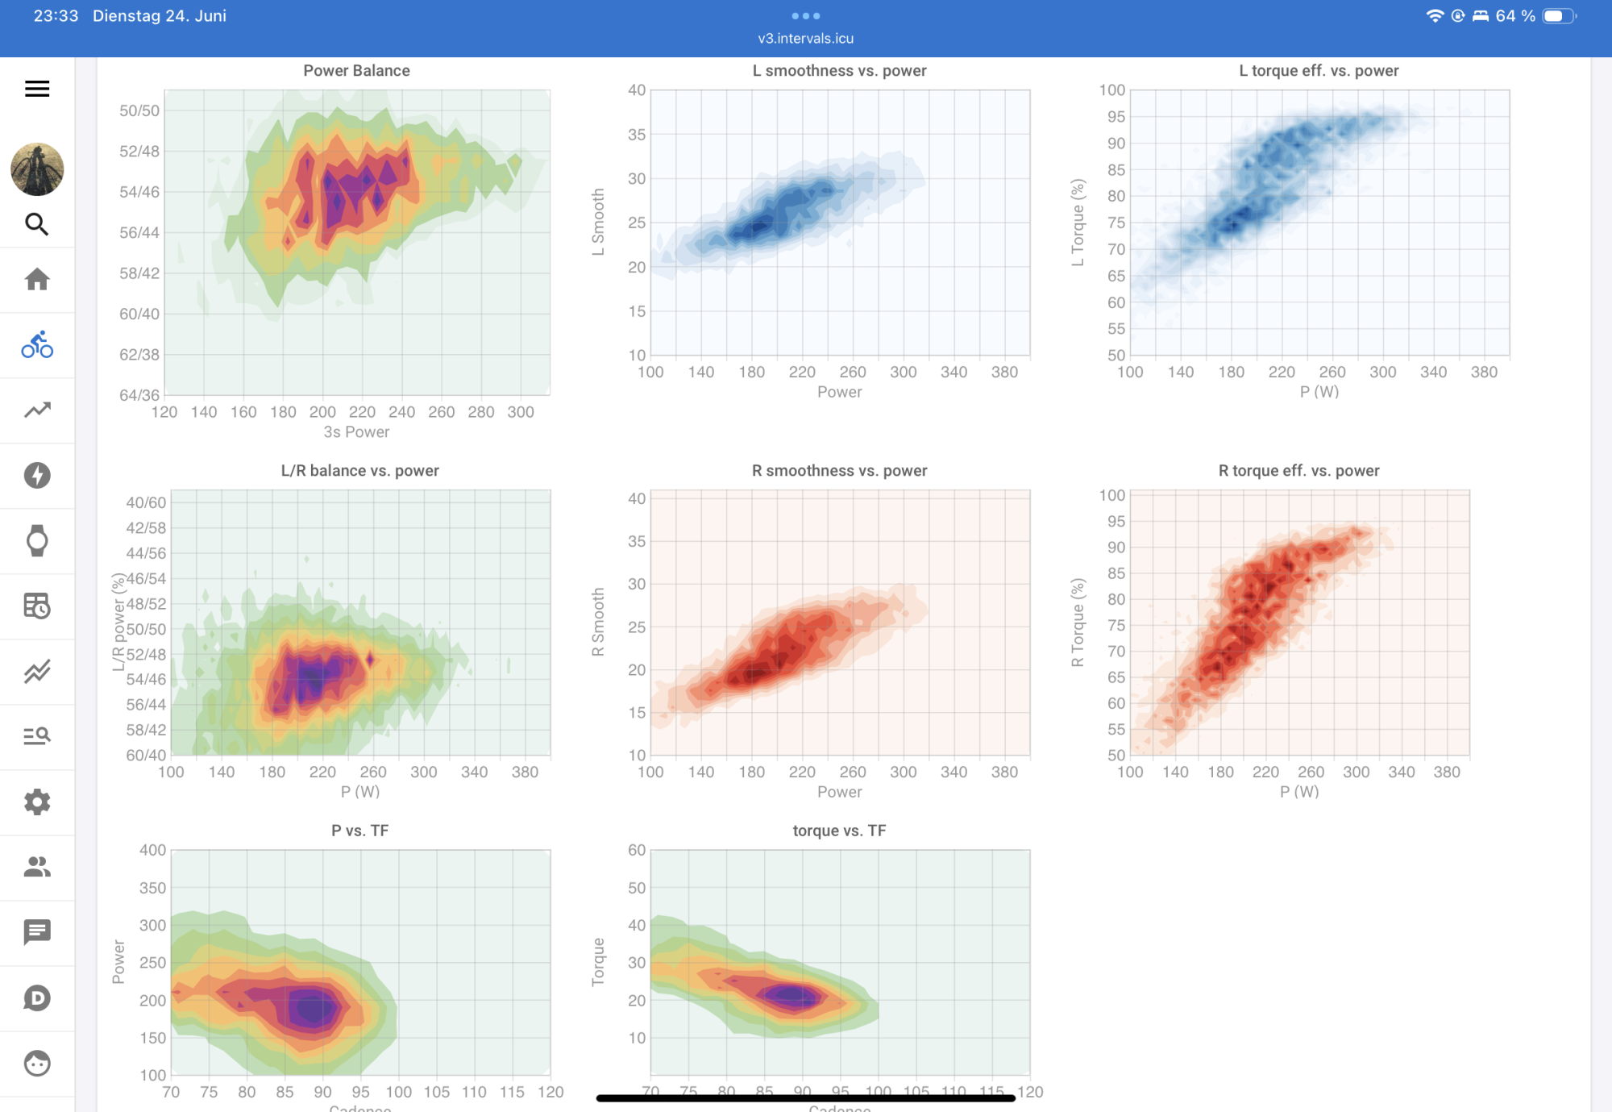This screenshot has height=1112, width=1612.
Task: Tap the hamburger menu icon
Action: coord(37,89)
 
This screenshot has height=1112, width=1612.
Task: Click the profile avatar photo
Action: coord(37,169)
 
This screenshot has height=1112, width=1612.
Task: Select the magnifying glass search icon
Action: coord(37,224)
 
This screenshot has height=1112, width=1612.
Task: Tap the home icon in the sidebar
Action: coord(37,279)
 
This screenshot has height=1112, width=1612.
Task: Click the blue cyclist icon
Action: coord(37,345)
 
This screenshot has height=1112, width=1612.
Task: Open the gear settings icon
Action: coord(37,802)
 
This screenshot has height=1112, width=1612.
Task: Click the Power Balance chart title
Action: coord(356,71)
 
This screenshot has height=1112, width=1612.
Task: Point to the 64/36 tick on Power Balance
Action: coord(139,395)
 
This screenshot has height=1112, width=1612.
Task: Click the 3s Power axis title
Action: coord(356,432)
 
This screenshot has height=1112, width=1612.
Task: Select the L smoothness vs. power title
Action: coord(839,71)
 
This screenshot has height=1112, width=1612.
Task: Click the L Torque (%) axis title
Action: coord(1078,223)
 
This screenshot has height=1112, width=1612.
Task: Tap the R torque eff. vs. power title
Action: coord(1298,471)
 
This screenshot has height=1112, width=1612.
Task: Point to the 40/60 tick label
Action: coord(146,502)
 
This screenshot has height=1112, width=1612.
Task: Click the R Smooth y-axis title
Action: coord(598,622)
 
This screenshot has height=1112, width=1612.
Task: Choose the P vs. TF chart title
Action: coord(359,831)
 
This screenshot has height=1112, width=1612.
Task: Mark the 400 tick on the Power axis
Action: coord(152,850)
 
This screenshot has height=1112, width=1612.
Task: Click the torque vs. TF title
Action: coord(839,831)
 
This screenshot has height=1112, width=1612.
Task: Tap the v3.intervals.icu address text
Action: coord(805,38)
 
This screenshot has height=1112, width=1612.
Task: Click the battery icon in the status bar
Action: coord(1558,16)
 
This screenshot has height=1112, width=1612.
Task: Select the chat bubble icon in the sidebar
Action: coord(37,932)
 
